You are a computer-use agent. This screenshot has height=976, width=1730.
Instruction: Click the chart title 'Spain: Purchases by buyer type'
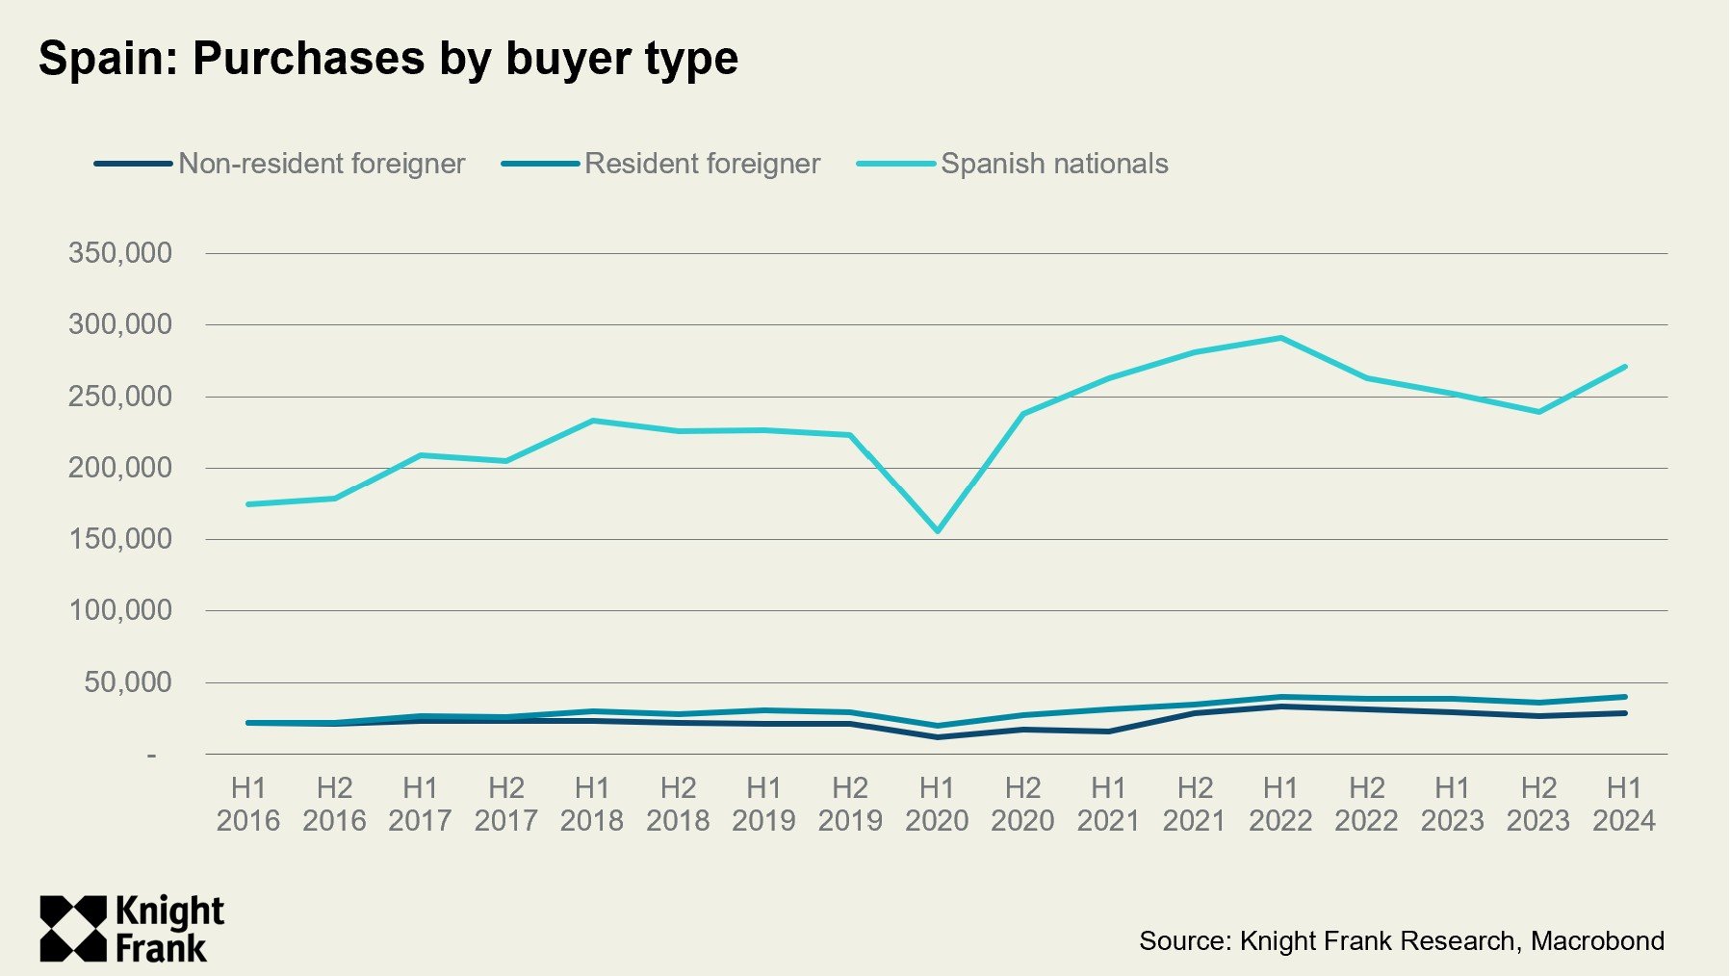pos(388,59)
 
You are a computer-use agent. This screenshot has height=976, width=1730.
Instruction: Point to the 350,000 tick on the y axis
pos(120,253)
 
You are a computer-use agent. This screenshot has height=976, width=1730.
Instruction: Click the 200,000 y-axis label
pos(120,468)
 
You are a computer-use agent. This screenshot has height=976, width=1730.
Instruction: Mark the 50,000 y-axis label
pos(128,682)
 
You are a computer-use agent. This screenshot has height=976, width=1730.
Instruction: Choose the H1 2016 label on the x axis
pos(248,804)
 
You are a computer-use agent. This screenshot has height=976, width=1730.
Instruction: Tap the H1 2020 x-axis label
pos(937,804)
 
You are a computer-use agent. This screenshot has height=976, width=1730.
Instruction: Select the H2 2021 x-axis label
pos(1195,804)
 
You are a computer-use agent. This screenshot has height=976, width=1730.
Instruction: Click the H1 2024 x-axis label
pos(1624,804)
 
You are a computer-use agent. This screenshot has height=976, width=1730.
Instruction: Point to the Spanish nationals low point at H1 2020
pos(937,531)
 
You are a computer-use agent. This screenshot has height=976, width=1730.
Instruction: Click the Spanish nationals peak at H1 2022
pos(1280,338)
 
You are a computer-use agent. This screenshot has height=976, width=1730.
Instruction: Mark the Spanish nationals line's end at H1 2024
pos(1624,367)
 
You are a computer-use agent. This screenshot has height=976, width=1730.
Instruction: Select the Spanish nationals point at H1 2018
pos(592,421)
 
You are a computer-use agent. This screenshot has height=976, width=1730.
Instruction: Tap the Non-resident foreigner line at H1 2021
pos(1109,732)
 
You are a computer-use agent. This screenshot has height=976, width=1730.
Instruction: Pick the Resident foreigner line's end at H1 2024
pos(1624,697)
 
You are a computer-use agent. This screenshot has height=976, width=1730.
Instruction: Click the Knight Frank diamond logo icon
pos(73,929)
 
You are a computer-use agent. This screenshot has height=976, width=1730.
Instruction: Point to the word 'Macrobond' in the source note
pos(1597,940)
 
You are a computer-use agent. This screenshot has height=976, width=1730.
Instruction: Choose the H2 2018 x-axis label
pos(678,804)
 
